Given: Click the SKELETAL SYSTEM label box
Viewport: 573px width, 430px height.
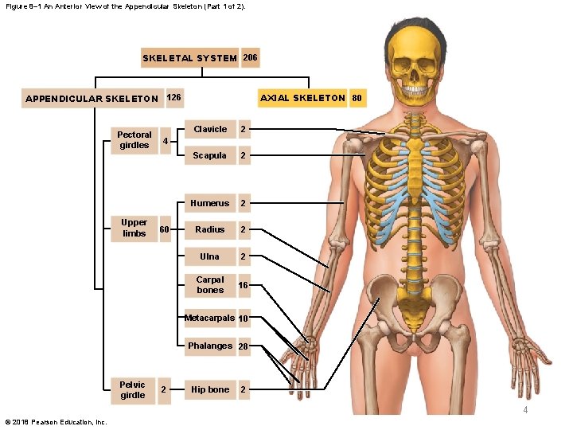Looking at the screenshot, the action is coord(189,58).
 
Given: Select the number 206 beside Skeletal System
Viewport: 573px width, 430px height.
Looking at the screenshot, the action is coord(250,57).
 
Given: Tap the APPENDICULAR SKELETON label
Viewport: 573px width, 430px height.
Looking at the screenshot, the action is coord(92,99).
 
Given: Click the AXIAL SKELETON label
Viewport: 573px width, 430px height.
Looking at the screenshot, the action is coord(302,98).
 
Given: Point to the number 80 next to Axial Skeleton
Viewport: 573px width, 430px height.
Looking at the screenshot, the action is coord(357,99).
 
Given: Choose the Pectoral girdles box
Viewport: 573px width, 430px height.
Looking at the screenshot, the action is coord(134,140).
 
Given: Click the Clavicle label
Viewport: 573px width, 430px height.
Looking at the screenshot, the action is coord(210,129).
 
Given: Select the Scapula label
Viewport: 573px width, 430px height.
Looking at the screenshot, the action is coord(209,155).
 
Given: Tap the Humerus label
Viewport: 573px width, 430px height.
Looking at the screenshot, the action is coord(209,203).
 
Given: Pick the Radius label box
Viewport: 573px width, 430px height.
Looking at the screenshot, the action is coord(209,229).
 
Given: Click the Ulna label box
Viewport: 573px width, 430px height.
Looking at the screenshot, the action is coord(209,256).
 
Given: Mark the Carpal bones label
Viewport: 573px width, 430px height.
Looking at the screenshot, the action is coord(210,285).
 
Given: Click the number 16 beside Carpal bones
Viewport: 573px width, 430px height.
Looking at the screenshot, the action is coord(243,285).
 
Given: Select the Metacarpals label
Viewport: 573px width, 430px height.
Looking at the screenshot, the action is coord(209,319).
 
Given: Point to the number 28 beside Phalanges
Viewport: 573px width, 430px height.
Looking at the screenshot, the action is coord(244,346).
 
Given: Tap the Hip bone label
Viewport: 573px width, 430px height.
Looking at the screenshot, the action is coord(209,389).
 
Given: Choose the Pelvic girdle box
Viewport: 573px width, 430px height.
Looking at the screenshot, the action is coord(132,389).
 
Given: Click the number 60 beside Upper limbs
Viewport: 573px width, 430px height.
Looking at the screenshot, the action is coord(164,229).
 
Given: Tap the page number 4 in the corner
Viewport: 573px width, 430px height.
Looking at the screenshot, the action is coord(525,409).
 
